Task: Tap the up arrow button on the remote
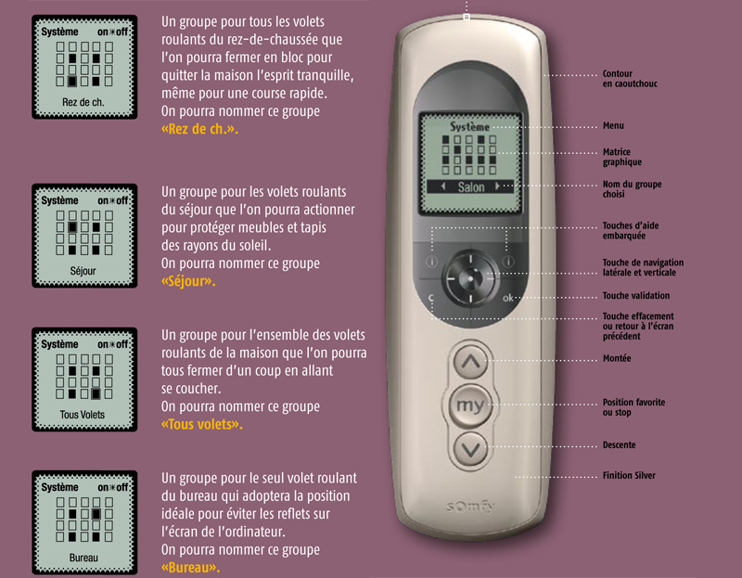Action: click(470, 362)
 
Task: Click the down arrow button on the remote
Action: click(470, 449)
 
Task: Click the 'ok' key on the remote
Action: click(507, 298)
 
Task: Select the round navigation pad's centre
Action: click(470, 278)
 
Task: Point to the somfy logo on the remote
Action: click(470, 507)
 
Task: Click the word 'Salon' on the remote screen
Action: click(471, 187)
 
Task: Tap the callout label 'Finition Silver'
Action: click(629, 475)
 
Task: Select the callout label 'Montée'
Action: click(617, 358)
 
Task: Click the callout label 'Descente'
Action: click(619, 445)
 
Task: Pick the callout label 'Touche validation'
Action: click(636, 296)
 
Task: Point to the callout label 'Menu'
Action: click(613, 125)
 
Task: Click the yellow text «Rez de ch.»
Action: click(199, 129)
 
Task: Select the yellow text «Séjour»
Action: click(188, 282)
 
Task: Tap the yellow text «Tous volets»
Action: click(202, 425)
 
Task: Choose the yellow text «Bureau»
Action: click(191, 568)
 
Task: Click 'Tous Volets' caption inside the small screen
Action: click(83, 415)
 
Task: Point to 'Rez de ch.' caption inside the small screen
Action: click(83, 102)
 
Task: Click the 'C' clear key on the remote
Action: click(431, 298)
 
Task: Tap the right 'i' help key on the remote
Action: click(508, 262)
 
